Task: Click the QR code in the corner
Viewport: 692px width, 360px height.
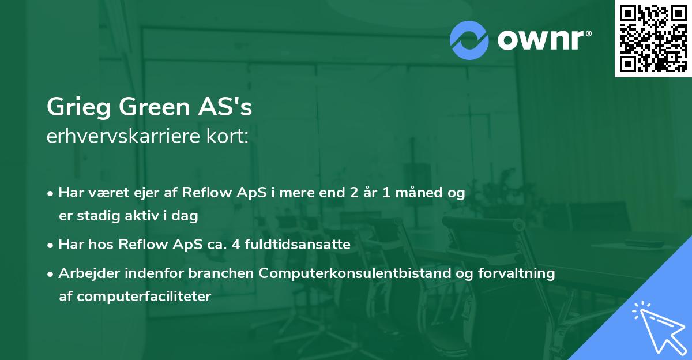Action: pyautogui.click(x=653, y=39)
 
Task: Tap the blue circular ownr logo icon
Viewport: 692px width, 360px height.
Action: pyautogui.click(x=469, y=40)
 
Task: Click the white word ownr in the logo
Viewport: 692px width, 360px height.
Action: pyautogui.click(x=541, y=40)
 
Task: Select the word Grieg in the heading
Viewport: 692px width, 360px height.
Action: pyautogui.click(x=79, y=107)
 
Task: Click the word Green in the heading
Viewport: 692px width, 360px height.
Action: pyautogui.click(x=154, y=107)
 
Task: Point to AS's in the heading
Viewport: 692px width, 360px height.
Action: pyautogui.click(x=225, y=107)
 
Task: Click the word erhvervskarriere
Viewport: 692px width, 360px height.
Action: pyautogui.click(x=123, y=136)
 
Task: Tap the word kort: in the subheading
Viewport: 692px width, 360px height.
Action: pyautogui.click(x=227, y=136)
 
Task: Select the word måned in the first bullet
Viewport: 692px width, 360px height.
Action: pyautogui.click(x=419, y=192)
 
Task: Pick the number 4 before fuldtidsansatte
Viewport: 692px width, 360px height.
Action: pyautogui.click(x=236, y=244)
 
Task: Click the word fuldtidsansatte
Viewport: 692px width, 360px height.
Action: pyautogui.click(x=298, y=244)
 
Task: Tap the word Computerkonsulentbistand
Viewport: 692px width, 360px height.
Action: pyautogui.click(x=354, y=273)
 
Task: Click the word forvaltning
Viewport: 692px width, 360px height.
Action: pyautogui.click(x=517, y=273)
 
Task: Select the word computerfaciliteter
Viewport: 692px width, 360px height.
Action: pyautogui.click(x=144, y=297)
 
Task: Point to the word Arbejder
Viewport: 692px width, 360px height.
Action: pyautogui.click(x=89, y=273)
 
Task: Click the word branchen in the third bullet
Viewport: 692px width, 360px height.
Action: pyautogui.click(x=221, y=273)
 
